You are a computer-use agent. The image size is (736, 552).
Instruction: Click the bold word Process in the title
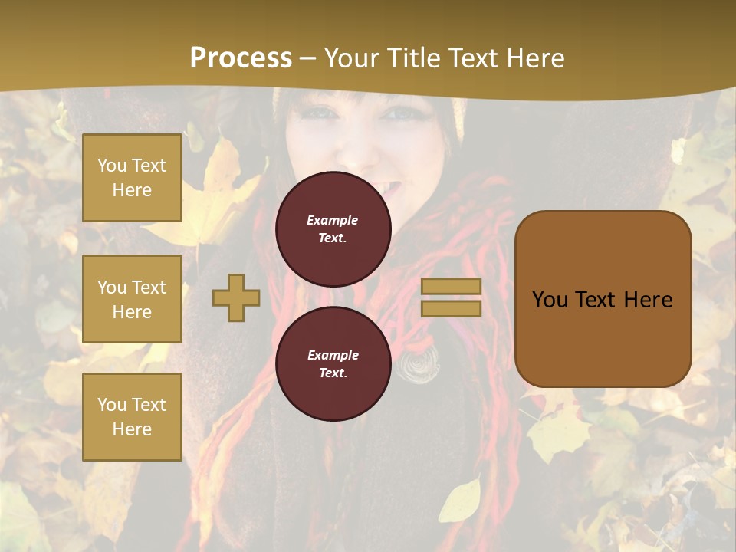[241, 58]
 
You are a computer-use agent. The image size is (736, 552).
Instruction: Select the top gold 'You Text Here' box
[132, 178]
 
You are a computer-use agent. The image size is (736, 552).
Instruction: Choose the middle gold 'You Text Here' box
[132, 299]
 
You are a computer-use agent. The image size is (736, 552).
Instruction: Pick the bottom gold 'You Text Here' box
[132, 416]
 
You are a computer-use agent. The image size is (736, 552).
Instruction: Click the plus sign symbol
[236, 297]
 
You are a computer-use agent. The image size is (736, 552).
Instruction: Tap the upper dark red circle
[333, 229]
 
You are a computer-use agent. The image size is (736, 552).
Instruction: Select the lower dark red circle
[333, 364]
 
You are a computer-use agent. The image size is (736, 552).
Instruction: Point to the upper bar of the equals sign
[452, 286]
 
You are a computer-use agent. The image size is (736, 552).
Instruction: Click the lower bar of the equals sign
[452, 309]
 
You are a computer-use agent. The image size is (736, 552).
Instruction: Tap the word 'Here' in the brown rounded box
[648, 300]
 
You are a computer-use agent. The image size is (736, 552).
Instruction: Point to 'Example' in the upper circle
[332, 220]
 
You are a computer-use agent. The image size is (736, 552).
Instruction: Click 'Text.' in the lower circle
[333, 373]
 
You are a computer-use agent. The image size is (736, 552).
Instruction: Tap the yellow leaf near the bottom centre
[461, 499]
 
